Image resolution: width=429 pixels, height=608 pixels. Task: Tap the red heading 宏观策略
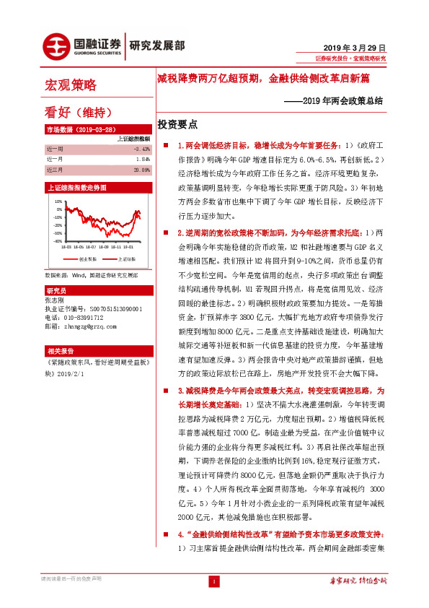coord(71,86)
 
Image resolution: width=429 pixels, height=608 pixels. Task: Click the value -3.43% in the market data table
coord(141,148)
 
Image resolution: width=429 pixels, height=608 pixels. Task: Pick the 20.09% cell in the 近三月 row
coord(141,170)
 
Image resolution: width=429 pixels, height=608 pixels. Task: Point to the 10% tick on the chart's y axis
coord(58,201)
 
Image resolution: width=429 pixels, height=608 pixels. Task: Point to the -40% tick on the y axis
coord(57,241)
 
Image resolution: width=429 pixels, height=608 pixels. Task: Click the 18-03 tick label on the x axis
coord(66,247)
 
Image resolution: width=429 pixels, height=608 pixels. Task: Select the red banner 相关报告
coord(60,349)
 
